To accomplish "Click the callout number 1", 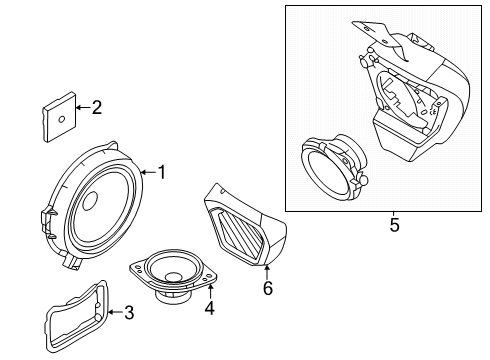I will pyautogui.click(x=161, y=172).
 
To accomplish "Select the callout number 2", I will pyautogui.click(x=97, y=107).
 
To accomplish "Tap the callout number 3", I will pyautogui.click(x=128, y=313).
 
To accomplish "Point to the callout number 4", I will pyautogui.click(x=209, y=310).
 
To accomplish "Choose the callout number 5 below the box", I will pyautogui.click(x=394, y=226).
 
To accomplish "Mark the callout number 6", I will pyautogui.click(x=266, y=288).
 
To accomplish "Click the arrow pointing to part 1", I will pyautogui.click(x=146, y=172).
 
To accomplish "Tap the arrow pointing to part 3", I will pyautogui.click(x=113, y=313).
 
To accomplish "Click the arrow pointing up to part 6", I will pyautogui.click(x=266, y=271).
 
